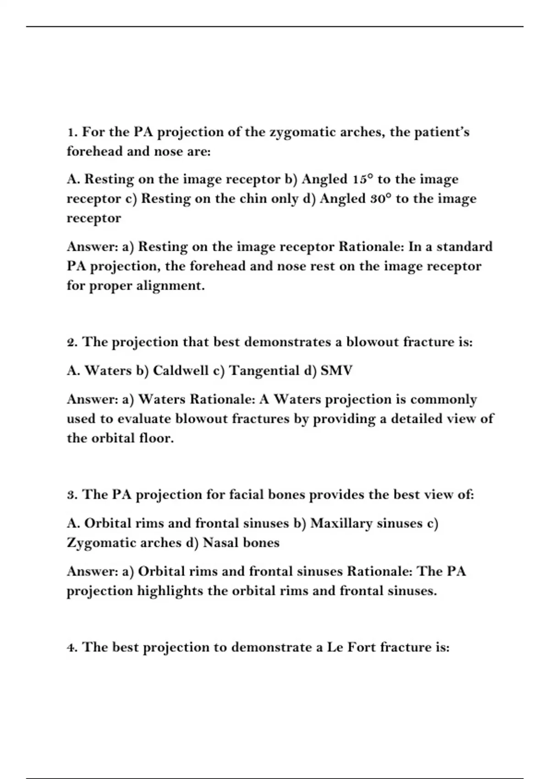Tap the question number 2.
[71, 342]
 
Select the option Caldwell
[181, 371]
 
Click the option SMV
[336, 371]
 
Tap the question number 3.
[71, 495]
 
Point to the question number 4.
[71, 647]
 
